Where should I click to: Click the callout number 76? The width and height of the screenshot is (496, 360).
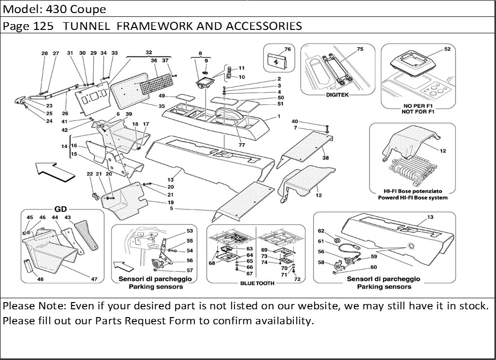(287, 49)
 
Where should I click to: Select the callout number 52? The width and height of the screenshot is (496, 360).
(447, 49)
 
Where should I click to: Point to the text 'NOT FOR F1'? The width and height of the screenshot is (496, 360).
(418, 111)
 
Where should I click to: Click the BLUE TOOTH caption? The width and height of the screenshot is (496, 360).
(257, 283)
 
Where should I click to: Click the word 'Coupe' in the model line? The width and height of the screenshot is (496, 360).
(90, 9)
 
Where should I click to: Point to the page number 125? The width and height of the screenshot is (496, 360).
(44, 26)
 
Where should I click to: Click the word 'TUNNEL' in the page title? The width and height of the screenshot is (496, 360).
(87, 26)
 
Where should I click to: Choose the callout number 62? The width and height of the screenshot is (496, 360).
(321, 231)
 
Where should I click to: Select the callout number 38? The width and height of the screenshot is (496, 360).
(326, 158)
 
